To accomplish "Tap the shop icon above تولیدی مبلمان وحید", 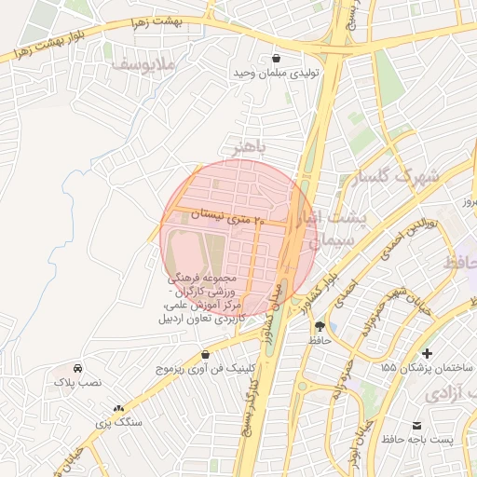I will click(275, 57).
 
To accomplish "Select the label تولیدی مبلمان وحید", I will click(275, 73).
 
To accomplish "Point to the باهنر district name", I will click(249, 147).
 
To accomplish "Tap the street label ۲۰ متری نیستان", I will click(228, 217).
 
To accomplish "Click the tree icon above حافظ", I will click(320, 326).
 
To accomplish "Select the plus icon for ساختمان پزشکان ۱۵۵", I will click(427, 353).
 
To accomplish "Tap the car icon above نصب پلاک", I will click(76, 367).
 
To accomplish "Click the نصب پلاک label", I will click(76, 382).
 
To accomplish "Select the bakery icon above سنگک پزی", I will click(118, 407).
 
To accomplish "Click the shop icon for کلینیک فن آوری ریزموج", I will click(205, 354).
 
